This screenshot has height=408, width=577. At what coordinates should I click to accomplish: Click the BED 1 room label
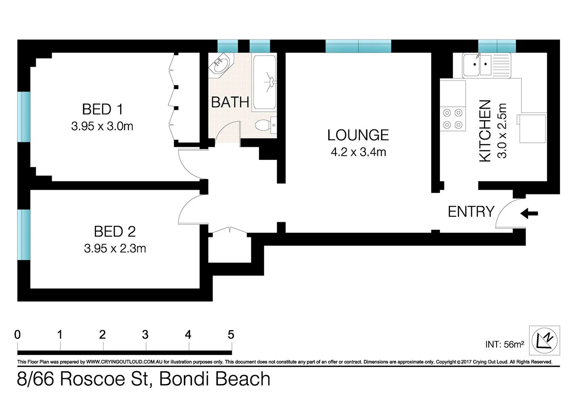[x=102, y=110]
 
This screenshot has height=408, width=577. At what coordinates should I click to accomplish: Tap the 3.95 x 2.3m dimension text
[x=115, y=249]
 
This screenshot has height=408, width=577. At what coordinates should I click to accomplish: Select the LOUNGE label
[x=358, y=135]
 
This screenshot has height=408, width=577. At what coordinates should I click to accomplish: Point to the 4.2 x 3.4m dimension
[x=358, y=152]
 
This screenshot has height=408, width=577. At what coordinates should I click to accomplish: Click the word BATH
[x=230, y=102]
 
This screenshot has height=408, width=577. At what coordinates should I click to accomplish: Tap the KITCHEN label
[x=485, y=131]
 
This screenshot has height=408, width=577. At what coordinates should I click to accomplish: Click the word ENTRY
[x=471, y=212]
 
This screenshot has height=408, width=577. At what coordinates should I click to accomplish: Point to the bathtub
[x=264, y=82]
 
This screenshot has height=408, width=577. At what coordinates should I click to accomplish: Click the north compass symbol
[x=544, y=340]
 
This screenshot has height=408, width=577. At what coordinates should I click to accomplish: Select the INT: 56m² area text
[x=504, y=345]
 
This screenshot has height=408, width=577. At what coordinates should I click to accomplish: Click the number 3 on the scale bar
[x=145, y=335]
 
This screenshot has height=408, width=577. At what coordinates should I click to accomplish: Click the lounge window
[x=358, y=46]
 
